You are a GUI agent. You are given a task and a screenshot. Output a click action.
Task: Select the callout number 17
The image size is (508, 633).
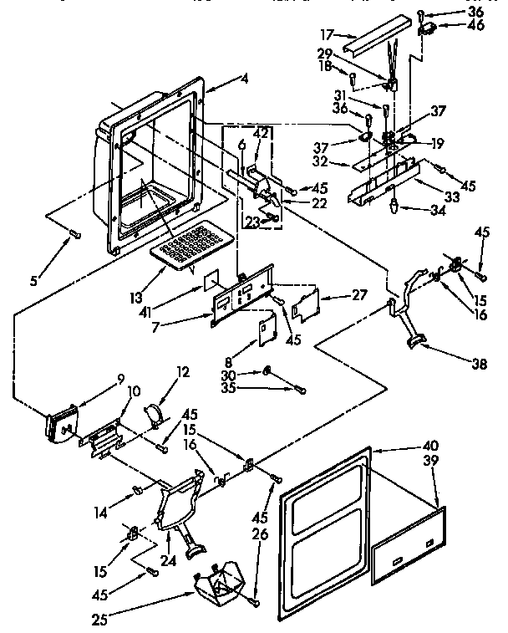coord(327,34)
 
